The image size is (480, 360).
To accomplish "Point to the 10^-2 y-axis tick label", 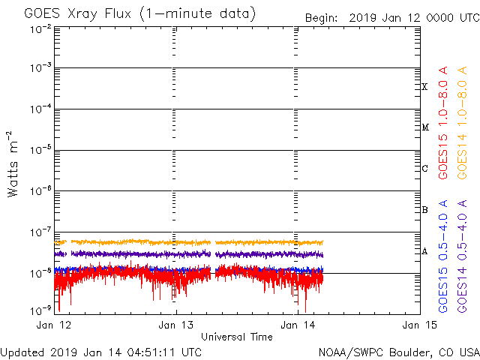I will pyautogui.click(x=41, y=28).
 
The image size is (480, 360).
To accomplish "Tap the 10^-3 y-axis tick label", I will pyautogui.click(x=41, y=67).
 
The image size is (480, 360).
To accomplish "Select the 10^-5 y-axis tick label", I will pyautogui.click(x=41, y=149).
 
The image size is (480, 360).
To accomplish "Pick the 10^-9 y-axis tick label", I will pyautogui.click(x=41, y=308).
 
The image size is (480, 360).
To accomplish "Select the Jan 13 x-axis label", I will pyautogui.click(x=175, y=325).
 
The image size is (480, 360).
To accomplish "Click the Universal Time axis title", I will pyautogui.click(x=236, y=337).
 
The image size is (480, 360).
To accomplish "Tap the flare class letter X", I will pyautogui.click(x=424, y=87).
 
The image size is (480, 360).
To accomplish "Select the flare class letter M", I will pyautogui.click(x=424, y=127).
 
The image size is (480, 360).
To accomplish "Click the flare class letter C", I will pyautogui.click(x=424, y=169).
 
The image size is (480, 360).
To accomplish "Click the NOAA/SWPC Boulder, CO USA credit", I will pyautogui.click(x=398, y=352).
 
